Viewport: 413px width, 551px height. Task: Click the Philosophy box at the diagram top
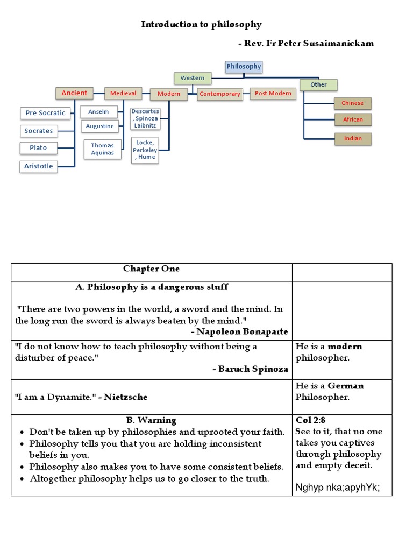pyautogui.click(x=244, y=67)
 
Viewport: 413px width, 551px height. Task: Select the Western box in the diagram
pyautogui.click(x=192, y=78)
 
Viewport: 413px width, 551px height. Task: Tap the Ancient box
pyautogui.click(x=74, y=93)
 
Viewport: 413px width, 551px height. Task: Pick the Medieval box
pyautogui.click(x=123, y=93)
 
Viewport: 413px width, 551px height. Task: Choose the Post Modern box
pyautogui.click(x=273, y=93)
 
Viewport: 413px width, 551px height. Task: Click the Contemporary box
pyautogui.click(x=219, y=94)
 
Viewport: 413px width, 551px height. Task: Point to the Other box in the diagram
pyautogui.click(x=318, y=85)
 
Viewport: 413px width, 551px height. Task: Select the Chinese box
pyautogui.click(x=353, y=103)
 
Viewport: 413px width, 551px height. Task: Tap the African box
pyautogui.click(x=353, y=119)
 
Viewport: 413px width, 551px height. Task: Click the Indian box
pyautogui.click(x=353, y=138)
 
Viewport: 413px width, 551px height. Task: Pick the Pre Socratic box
pyautogui.click(x=45, y=113)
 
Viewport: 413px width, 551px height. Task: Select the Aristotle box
pyautogui.click(x=39, y=166)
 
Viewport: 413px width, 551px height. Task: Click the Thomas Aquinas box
pyautogui.click(x=102, y=149)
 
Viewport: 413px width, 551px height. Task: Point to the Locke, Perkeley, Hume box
pyautogui.click(x=145, y=150)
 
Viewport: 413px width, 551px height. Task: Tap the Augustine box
pyautogui.click(x=100, y=126)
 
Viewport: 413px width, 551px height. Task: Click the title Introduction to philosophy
pyautogui.click(x=201, y=24)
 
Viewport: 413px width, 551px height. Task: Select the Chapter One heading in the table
pyautogui.click(x=151, y=269)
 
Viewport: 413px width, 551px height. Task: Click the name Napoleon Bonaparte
pyautogui.click(x=242, y=331)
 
